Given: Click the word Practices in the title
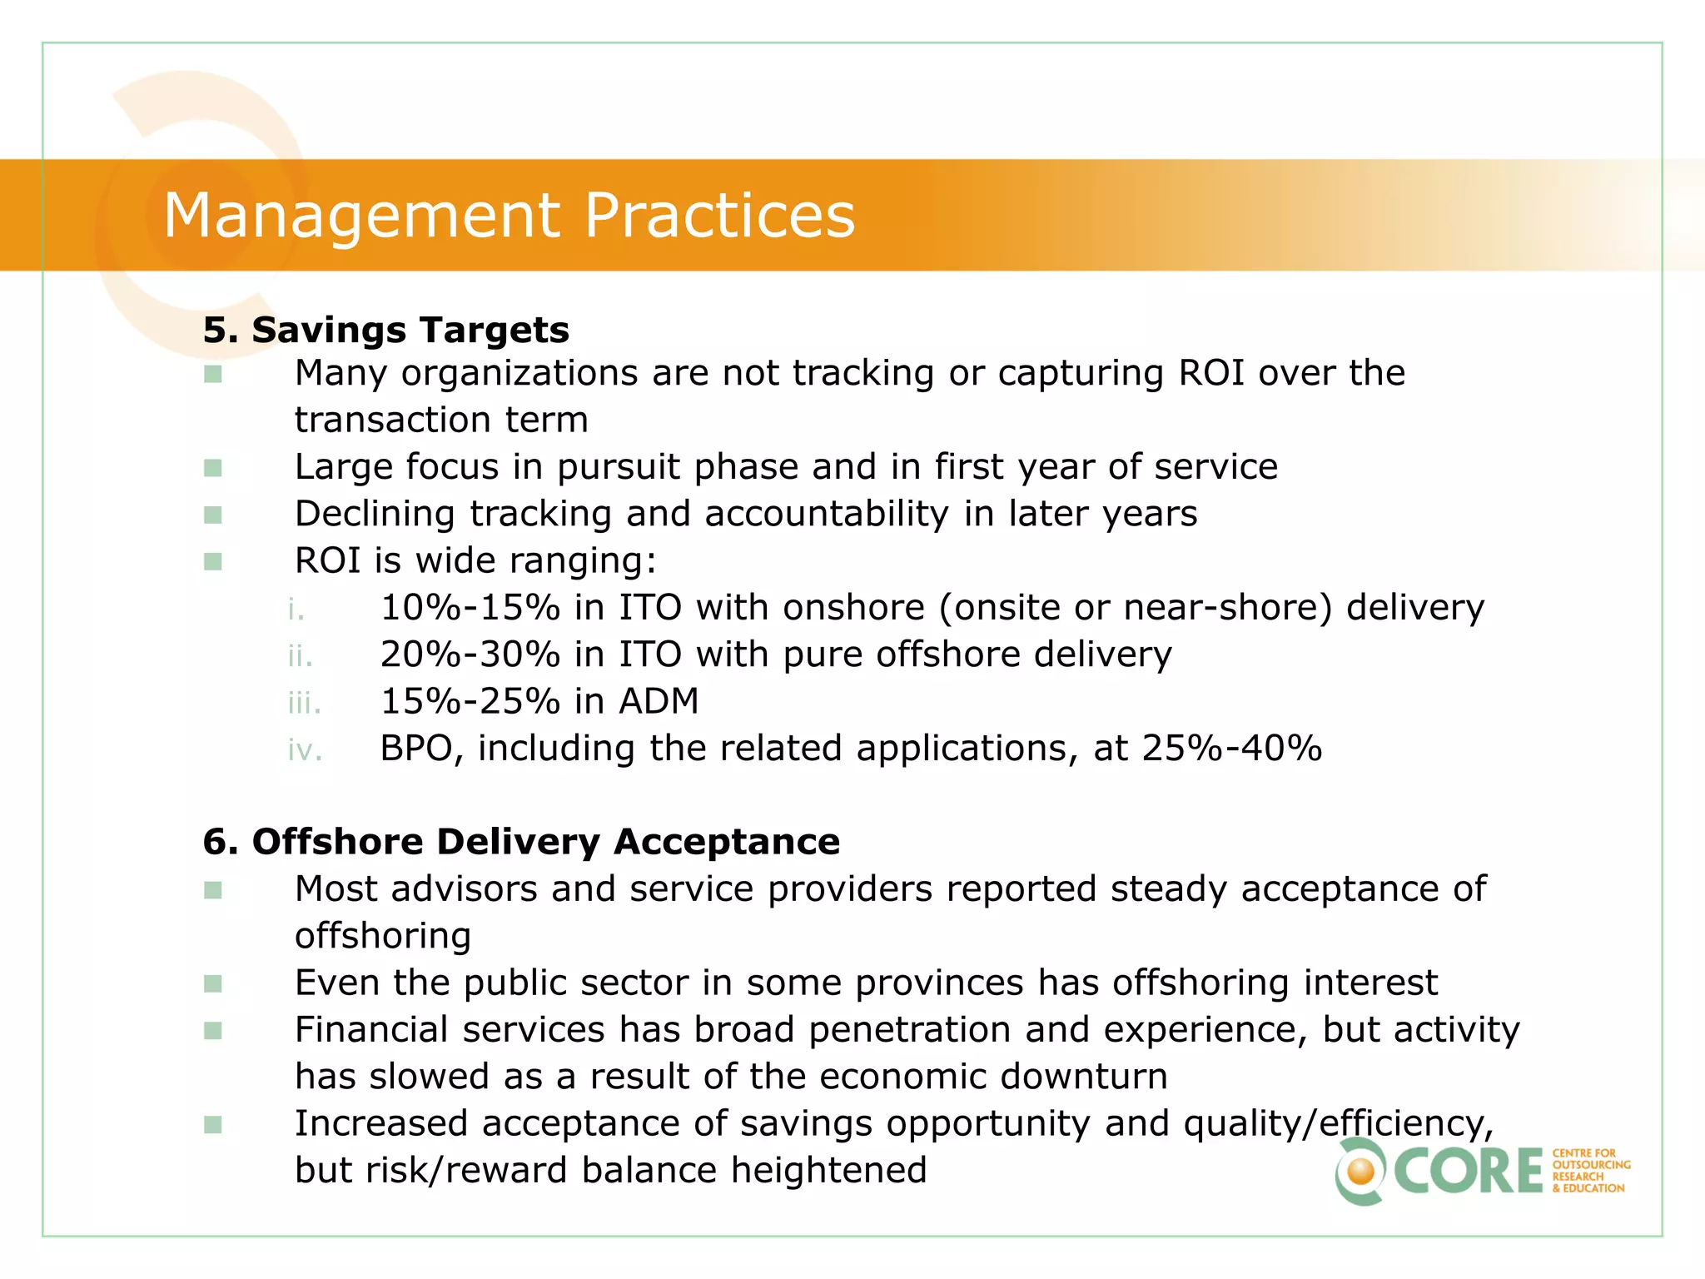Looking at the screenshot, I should coord(719,215).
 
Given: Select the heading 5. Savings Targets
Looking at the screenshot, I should coord(386,331).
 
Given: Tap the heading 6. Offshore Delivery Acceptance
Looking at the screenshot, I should coord(521,842).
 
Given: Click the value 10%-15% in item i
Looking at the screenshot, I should coord(470,608).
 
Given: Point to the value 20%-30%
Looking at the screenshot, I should coord(470,655).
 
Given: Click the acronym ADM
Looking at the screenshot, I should coord(659,702).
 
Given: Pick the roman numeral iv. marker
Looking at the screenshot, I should coord(305,750).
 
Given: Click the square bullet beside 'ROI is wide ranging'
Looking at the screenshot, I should coord(213,562).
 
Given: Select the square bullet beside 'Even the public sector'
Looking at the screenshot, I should coord(213,984).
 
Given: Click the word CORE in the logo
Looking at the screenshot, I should coord(1469,1171).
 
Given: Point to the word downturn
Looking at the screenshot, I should coord(1084,1077).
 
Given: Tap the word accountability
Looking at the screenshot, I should coord(827,515).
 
